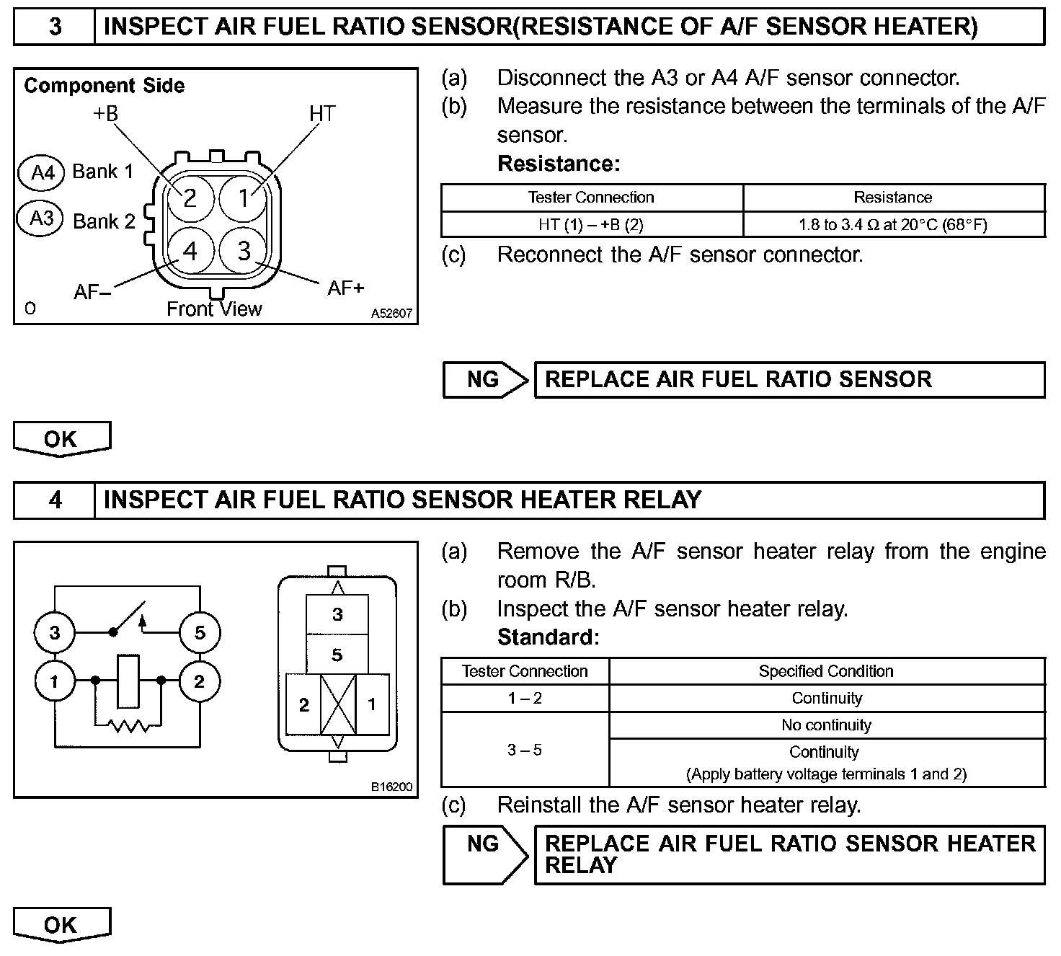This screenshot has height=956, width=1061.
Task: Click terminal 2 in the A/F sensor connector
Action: (x=190, y=198)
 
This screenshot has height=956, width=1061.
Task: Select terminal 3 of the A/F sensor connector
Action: (x=244, y=250)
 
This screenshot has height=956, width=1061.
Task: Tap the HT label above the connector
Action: (x=322, y=114)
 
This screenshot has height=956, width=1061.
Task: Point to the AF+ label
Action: (x=346, y=288)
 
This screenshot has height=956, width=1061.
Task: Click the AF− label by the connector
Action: (x=92, y=292)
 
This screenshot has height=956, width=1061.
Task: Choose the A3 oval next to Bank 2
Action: (x=42, y=218)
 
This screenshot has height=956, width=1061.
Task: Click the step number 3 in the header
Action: (x=55, y=27)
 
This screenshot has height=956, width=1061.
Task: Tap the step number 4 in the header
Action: (x=55, y=500)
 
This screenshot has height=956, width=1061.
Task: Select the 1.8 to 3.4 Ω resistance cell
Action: (x=893, y=224)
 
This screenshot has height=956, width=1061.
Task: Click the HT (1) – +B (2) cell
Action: (x=591, y=224)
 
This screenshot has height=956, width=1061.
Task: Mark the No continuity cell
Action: (x=826, y=725)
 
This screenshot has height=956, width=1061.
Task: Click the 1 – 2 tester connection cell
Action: (x=525, y=698)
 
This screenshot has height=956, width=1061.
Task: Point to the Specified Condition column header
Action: (x=826, y=671)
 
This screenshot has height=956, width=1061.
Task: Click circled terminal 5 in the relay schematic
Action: (x=200, y=633)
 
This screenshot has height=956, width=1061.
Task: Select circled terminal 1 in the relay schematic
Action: (x=55, y=681)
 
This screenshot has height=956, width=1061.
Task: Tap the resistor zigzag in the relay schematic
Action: (x=128, y=725)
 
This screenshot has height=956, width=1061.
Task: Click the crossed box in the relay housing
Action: (x=337, y=704)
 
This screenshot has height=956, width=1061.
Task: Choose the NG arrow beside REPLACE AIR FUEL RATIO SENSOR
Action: (x=485, y=380)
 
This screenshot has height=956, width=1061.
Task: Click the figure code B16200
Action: (x=391, y=787)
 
